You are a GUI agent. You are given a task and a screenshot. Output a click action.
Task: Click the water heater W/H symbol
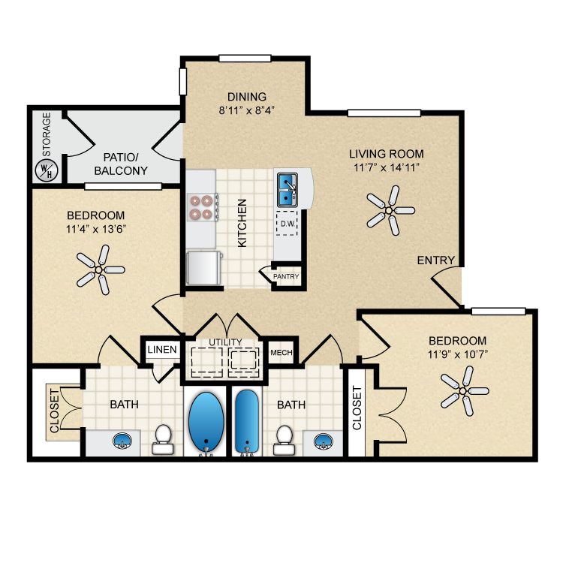pos(47,170)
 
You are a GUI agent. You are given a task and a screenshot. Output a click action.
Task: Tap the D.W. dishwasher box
pos(287,224)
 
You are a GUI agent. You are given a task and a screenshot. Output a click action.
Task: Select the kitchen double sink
pos(287,190)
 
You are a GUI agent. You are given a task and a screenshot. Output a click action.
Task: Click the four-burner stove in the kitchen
pos(203,207)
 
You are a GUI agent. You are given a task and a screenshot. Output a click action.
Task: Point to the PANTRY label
pos(286,276)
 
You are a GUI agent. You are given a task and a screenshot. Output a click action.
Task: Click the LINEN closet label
pos(162,349)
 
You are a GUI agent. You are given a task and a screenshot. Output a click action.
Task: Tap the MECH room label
pos(281,353)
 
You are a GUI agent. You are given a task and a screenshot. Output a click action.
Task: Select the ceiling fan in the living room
pos(390,210)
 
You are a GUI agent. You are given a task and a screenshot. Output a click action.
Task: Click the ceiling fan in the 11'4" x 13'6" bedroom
pos(101,269)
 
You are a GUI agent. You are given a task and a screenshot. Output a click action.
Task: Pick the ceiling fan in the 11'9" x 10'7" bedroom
pos(464,391)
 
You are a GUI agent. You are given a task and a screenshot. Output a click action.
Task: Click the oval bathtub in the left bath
pos(206,422)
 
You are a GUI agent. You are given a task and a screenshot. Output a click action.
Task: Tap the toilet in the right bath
pos(285,440)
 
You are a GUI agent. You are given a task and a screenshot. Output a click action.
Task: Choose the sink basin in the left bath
pos(122,441)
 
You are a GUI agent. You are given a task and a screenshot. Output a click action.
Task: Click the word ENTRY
pos(436,260)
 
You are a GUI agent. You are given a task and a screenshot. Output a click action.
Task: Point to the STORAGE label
pos(47,134)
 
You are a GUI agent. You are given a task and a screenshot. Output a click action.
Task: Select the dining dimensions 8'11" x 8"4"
pos(247,110)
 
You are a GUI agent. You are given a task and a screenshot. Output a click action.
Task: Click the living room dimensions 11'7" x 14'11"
pos(387,167)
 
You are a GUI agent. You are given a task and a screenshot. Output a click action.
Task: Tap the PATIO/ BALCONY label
pos(121,164)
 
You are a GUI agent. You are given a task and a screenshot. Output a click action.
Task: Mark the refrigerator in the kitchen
pos(204,268)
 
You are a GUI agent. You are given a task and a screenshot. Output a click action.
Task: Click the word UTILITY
pos(225,342)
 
